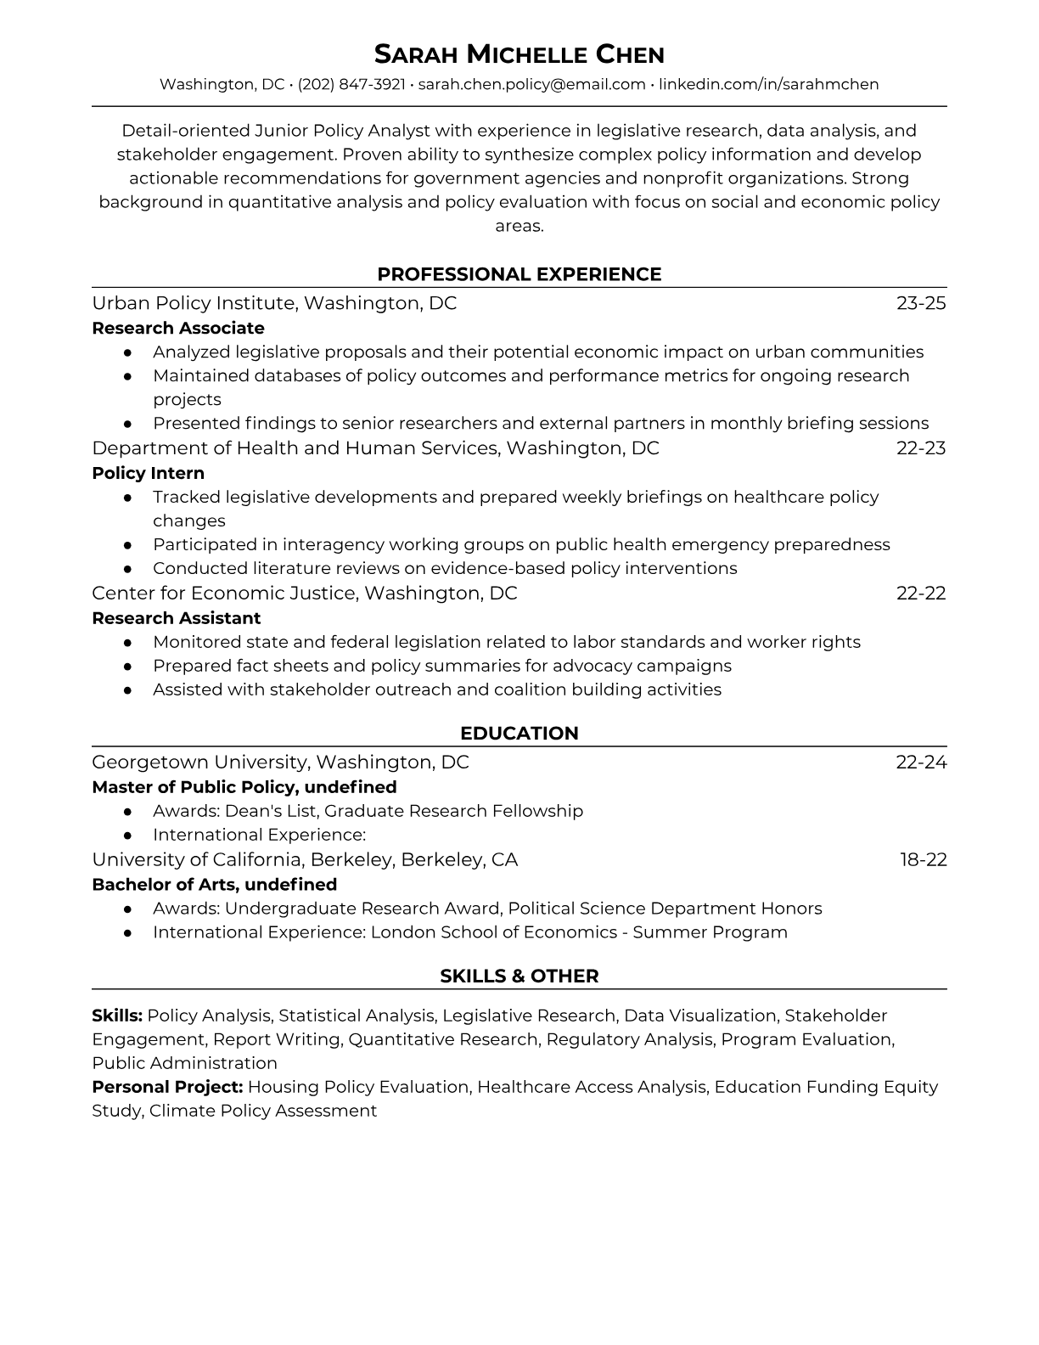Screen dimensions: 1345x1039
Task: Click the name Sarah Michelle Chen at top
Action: click(x=519, y=55)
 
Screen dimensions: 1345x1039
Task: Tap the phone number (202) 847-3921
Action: click(x=351, y=84)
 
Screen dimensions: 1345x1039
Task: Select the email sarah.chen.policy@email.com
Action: click(x=531, y=84)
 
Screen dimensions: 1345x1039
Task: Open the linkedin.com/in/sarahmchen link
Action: click(x=768, y=84)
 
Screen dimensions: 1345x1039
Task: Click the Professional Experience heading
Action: click(x=519, y=274)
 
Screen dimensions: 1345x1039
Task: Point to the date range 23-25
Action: click(x=921, y=303)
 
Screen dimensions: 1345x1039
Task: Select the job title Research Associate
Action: click(x=178, y=328)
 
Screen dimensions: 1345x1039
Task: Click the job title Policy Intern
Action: click(x=148, y=473)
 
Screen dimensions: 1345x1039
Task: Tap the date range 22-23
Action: click(x=921, y=448)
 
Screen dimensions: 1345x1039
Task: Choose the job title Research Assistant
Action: click(x=176, y=618)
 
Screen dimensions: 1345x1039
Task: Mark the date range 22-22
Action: click(x=921, y=594)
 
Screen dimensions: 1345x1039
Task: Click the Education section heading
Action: click(x=519, y=734)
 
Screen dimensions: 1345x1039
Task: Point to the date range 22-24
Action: click(x=921, y=763)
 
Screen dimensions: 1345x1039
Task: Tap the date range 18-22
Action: click(x=923, y=860)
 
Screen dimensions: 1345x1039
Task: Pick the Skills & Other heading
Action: click(x=519, y=976)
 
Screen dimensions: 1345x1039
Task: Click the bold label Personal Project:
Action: click(x=167, y=1087)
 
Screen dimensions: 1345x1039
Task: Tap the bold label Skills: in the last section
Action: click(x=117, y=1016)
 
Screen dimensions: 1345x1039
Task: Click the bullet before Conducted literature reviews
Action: click(x=127, y=569)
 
